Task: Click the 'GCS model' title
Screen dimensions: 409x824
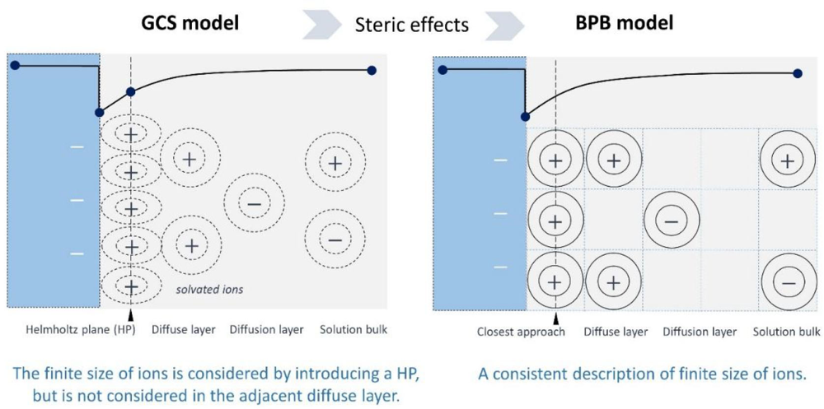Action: (x=188, y=22)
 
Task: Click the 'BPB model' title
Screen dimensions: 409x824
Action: (x=625, y=22)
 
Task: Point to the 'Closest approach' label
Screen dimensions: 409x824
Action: (x=521, y=332)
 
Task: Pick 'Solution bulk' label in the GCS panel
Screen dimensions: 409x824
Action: (x=353, y=330)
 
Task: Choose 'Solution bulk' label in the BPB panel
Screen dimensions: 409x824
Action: (x=786, y=332)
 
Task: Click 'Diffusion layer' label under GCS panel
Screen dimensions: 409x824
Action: (x=268, y=330)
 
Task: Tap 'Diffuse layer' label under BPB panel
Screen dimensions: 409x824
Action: (x=616, y=332)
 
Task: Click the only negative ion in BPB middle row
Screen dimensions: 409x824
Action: (x=671, y=221)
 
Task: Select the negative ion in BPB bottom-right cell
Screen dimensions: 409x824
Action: (x=789, y=282)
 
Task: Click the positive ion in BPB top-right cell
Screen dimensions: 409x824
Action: (x=787, y=160)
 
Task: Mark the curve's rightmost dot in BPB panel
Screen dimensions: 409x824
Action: (x=798, y=73)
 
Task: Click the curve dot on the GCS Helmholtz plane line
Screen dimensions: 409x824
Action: (x=130, y=92)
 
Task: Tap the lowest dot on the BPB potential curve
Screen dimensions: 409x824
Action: (x=525, y=117)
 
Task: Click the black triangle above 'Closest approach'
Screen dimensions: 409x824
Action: (x=557, y=317)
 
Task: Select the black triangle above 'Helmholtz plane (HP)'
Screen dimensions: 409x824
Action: (x=130, y=315)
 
